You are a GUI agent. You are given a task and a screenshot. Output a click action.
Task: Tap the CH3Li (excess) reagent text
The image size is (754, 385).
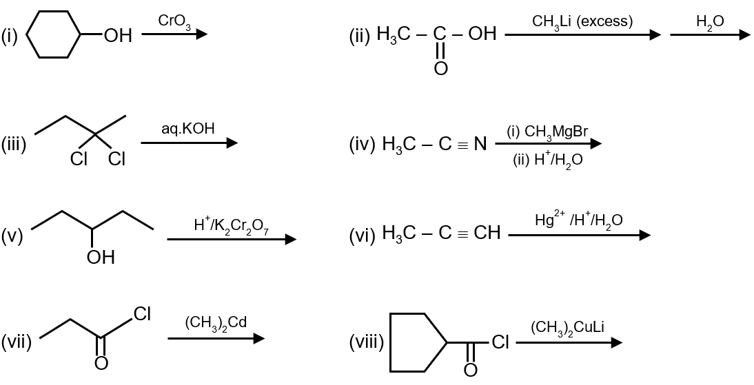pos(582,21)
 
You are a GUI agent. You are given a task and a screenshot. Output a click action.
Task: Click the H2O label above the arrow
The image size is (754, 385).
pos(710,21)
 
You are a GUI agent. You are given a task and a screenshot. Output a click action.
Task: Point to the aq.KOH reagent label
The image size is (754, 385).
pos(187,129)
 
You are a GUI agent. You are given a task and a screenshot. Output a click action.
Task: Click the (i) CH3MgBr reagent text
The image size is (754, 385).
pos(547,131)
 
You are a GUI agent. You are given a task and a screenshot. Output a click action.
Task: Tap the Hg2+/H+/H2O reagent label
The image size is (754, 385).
pos(578,220)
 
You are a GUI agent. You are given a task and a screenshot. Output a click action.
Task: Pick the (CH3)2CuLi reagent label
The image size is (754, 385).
pos(567,327)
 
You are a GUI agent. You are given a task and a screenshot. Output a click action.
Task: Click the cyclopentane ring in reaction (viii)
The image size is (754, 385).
pos(418,342)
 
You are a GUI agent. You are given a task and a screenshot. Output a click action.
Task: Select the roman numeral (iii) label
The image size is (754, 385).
pos(14,145)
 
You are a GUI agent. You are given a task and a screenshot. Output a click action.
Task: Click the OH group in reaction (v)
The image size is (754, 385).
pos(101,258)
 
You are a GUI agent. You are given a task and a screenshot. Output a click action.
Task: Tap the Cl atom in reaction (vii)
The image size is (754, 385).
pos(143,314)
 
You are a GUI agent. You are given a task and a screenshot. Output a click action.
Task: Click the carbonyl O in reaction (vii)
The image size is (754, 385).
pos(101,363)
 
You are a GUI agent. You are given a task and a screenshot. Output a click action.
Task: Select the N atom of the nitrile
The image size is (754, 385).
pos(480,145)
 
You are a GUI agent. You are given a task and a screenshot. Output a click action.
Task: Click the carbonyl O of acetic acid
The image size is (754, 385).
pos(440,67)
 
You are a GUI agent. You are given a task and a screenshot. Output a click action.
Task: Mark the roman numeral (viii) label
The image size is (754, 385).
pos(367,342)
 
